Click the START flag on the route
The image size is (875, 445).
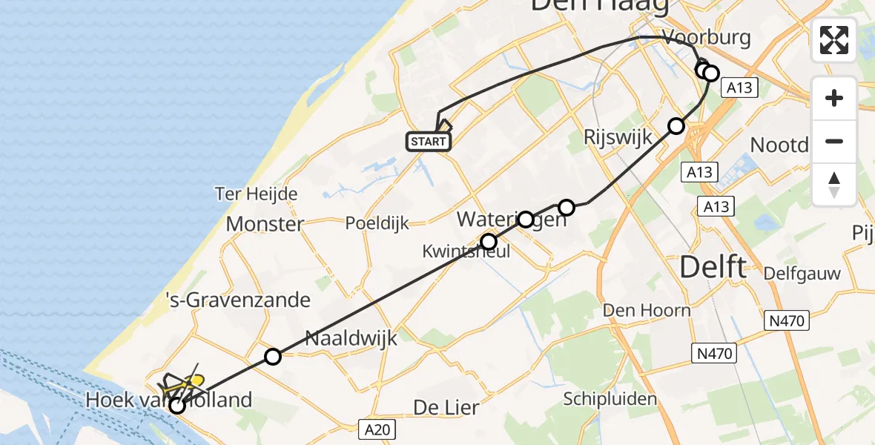point(429,141)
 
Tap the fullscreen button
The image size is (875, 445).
point(834,39)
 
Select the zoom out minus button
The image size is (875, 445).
point(834,141)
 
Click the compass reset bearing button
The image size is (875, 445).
point(834,185)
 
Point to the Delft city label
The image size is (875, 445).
point(713,267)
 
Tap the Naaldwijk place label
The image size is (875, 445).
point(352,339)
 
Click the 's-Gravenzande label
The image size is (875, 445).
point(237,300)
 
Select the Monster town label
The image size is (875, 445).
point(265,224)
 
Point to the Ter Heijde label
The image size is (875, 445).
point(256,194)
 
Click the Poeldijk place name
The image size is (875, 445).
point(377,223)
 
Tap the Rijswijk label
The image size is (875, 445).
point(617,137)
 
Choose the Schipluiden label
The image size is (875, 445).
point(610,399)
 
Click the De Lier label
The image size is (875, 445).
point(445,407)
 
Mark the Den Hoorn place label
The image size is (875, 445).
point(647,310)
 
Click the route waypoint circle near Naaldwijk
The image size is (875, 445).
point(273,357)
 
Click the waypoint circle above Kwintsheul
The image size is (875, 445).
point(489,241)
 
